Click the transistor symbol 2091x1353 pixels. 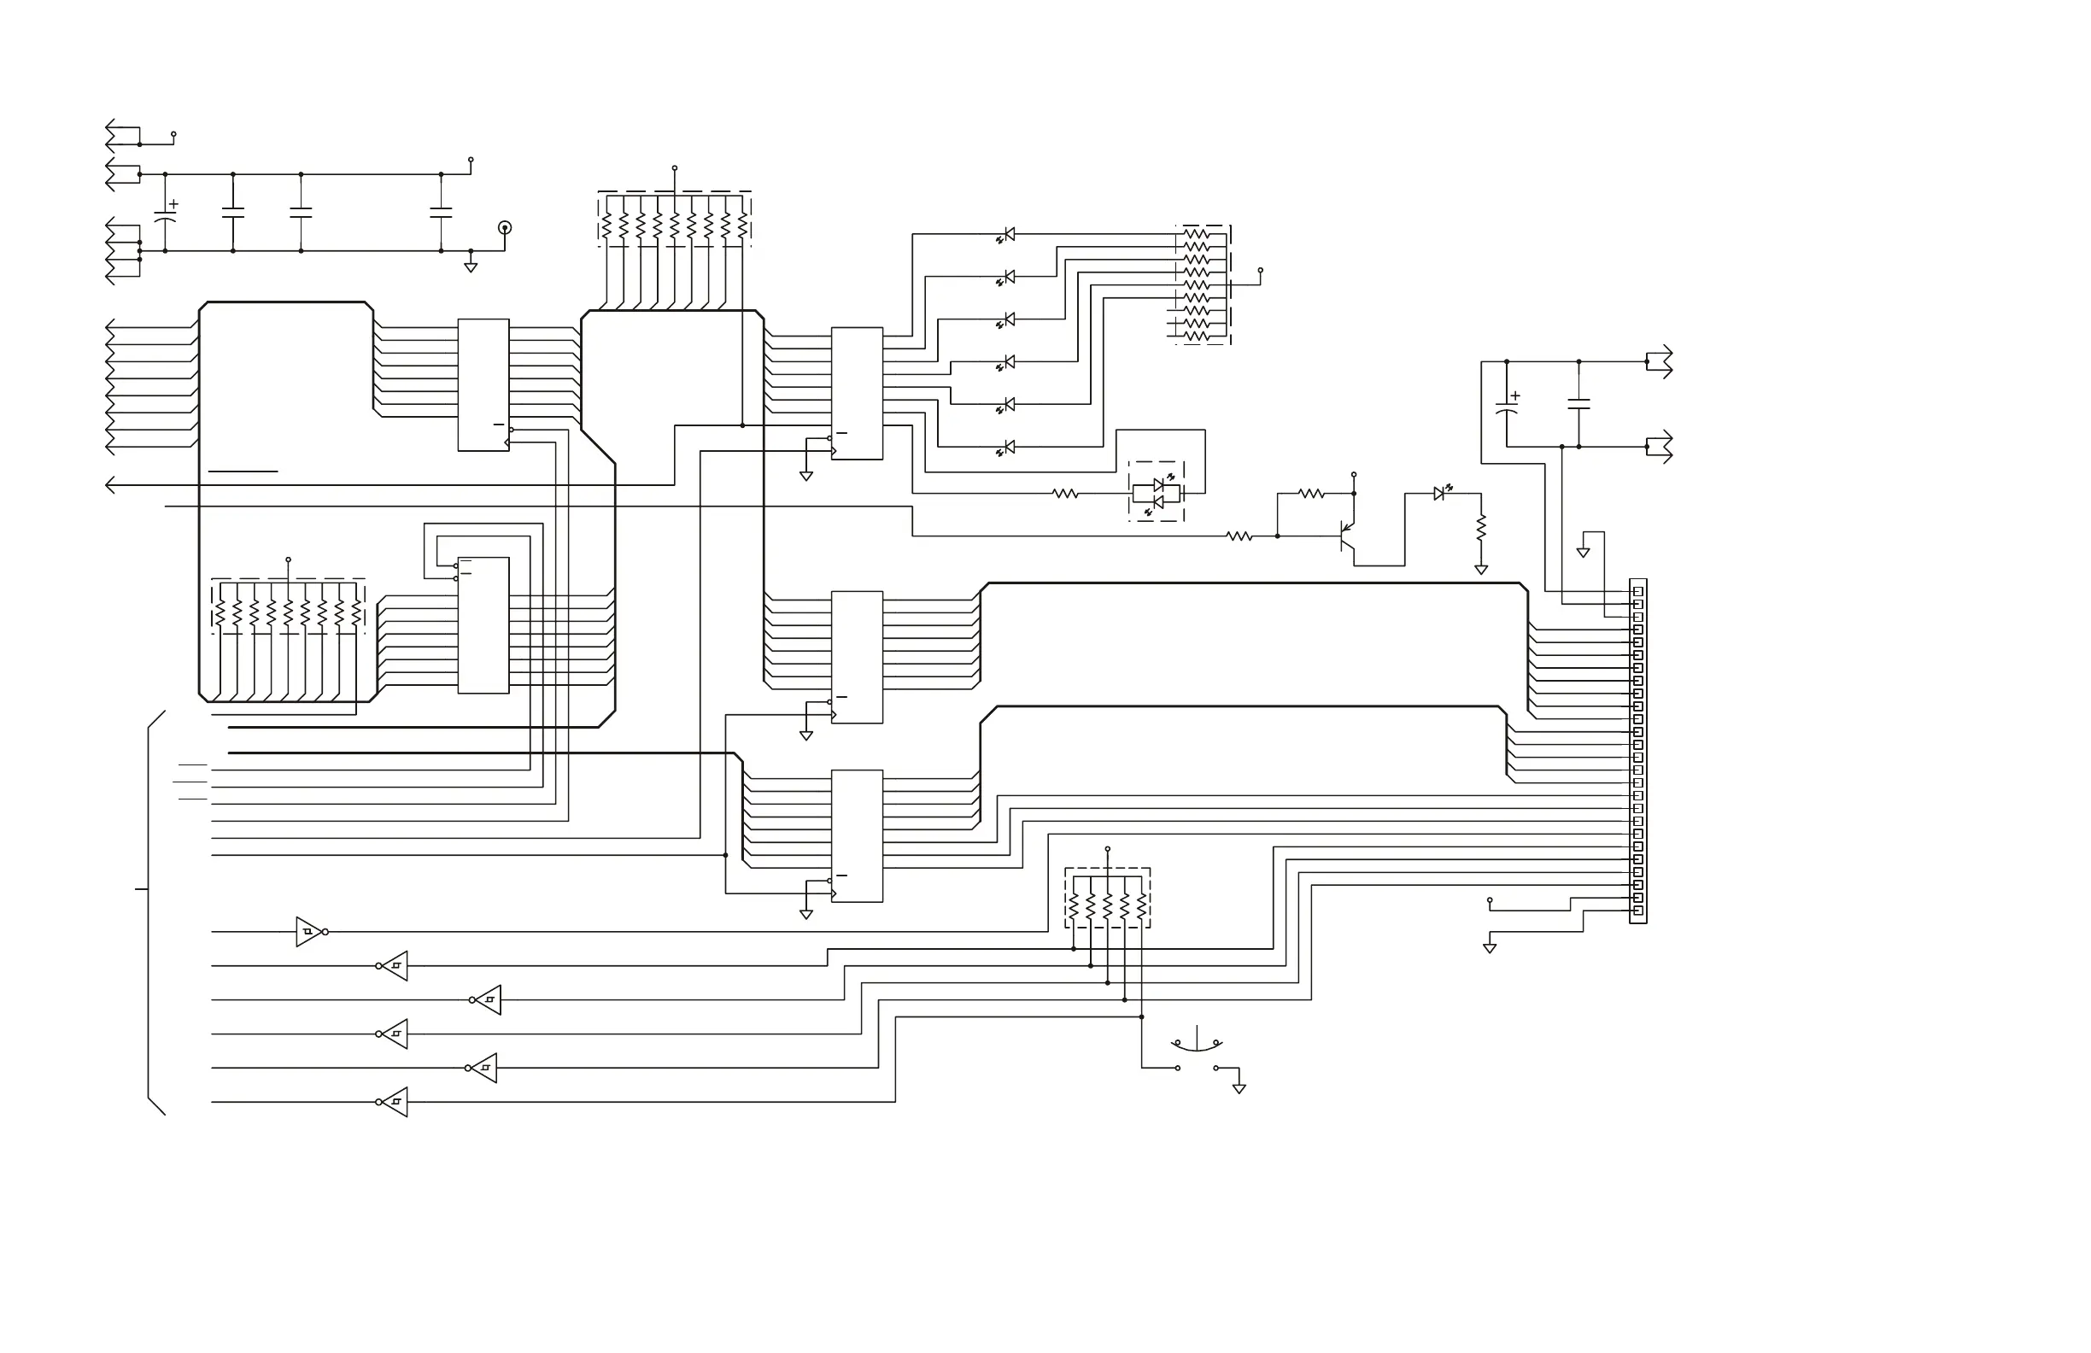tap(1346, 535)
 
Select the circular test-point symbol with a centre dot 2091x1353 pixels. tap(504, 227)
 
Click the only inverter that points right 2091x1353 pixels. tap(310, 931)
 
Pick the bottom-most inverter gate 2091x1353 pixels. tap(394, 1102)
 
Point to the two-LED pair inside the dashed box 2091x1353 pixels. tap(1157, 493)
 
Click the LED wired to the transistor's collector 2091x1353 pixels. tap(1441, 493)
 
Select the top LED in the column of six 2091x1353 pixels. tap(1007, 235)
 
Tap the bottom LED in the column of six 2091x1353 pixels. tap(1007, 448)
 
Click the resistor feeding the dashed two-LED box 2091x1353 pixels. tap(1065, 494)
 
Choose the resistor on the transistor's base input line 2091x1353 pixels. tap(1239, 536)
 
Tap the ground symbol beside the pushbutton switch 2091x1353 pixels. tap(1239, 1088)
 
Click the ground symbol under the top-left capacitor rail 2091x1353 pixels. tap(470, 266)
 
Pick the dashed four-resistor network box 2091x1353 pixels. tap(1107, 899)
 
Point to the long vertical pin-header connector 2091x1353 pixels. tap(1637, 751)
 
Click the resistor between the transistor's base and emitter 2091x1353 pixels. tap(1311, 494)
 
